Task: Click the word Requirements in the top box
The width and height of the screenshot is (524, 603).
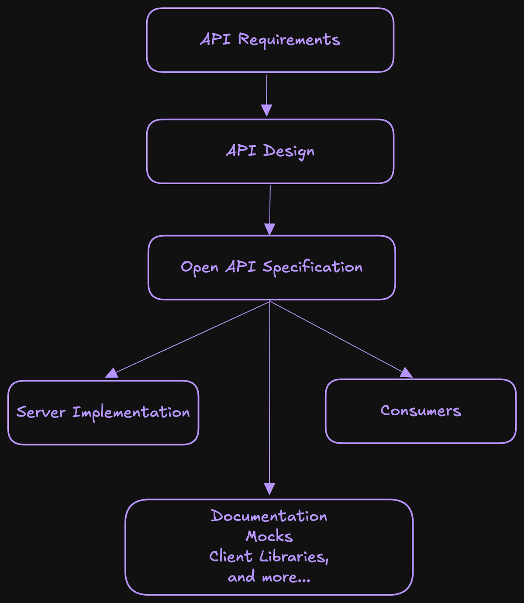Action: click(289, 40)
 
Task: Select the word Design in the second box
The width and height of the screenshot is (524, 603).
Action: click(289, 151)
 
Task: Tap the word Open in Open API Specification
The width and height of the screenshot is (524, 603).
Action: click(200, 267)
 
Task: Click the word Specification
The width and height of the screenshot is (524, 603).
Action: click(312, 267)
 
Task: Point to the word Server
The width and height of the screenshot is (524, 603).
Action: click(41, 412)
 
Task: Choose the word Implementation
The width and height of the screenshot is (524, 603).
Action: click(131, 413)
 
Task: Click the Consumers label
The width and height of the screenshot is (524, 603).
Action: click(421, 410)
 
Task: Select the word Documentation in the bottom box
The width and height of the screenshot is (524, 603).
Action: click(269, 516)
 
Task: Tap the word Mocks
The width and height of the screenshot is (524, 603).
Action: click(269, 536)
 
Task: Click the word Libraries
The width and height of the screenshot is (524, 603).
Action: click(293, 557)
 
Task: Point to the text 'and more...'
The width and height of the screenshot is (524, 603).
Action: click(269, 577)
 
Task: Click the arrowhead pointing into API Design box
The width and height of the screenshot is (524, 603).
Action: click(266, 110)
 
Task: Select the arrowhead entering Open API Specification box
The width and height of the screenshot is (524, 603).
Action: click(270, 229)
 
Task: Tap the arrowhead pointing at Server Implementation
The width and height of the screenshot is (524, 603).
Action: click(112, 373)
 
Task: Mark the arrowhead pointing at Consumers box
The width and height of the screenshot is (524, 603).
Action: click(406, 372)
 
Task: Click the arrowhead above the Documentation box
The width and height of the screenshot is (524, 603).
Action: click(270, 489)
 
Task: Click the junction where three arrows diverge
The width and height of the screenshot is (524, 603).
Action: click(270, 301)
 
